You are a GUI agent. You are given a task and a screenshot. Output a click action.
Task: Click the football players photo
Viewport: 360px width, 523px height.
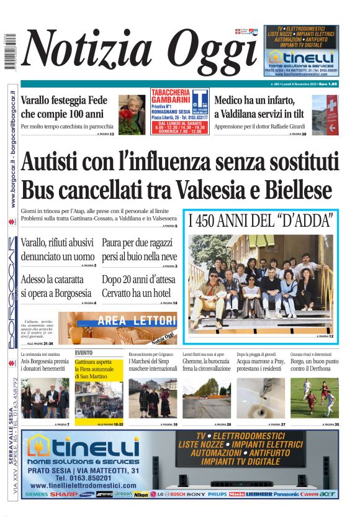tap(314, 398)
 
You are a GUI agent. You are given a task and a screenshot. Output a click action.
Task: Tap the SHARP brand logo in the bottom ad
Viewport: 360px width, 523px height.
tap(64, 494)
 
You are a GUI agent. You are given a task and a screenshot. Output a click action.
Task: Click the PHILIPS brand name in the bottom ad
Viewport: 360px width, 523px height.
tap(217, 494)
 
